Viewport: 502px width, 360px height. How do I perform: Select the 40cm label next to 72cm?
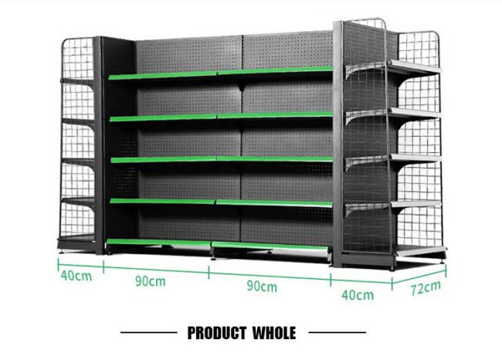358,294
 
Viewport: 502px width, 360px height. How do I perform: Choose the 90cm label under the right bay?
262,286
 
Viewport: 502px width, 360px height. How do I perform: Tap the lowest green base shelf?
220,246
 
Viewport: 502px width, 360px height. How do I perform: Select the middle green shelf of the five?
220,159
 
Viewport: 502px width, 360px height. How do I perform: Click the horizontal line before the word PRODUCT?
151,334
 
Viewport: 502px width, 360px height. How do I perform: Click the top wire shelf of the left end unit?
77,80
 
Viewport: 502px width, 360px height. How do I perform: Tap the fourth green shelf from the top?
220,202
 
